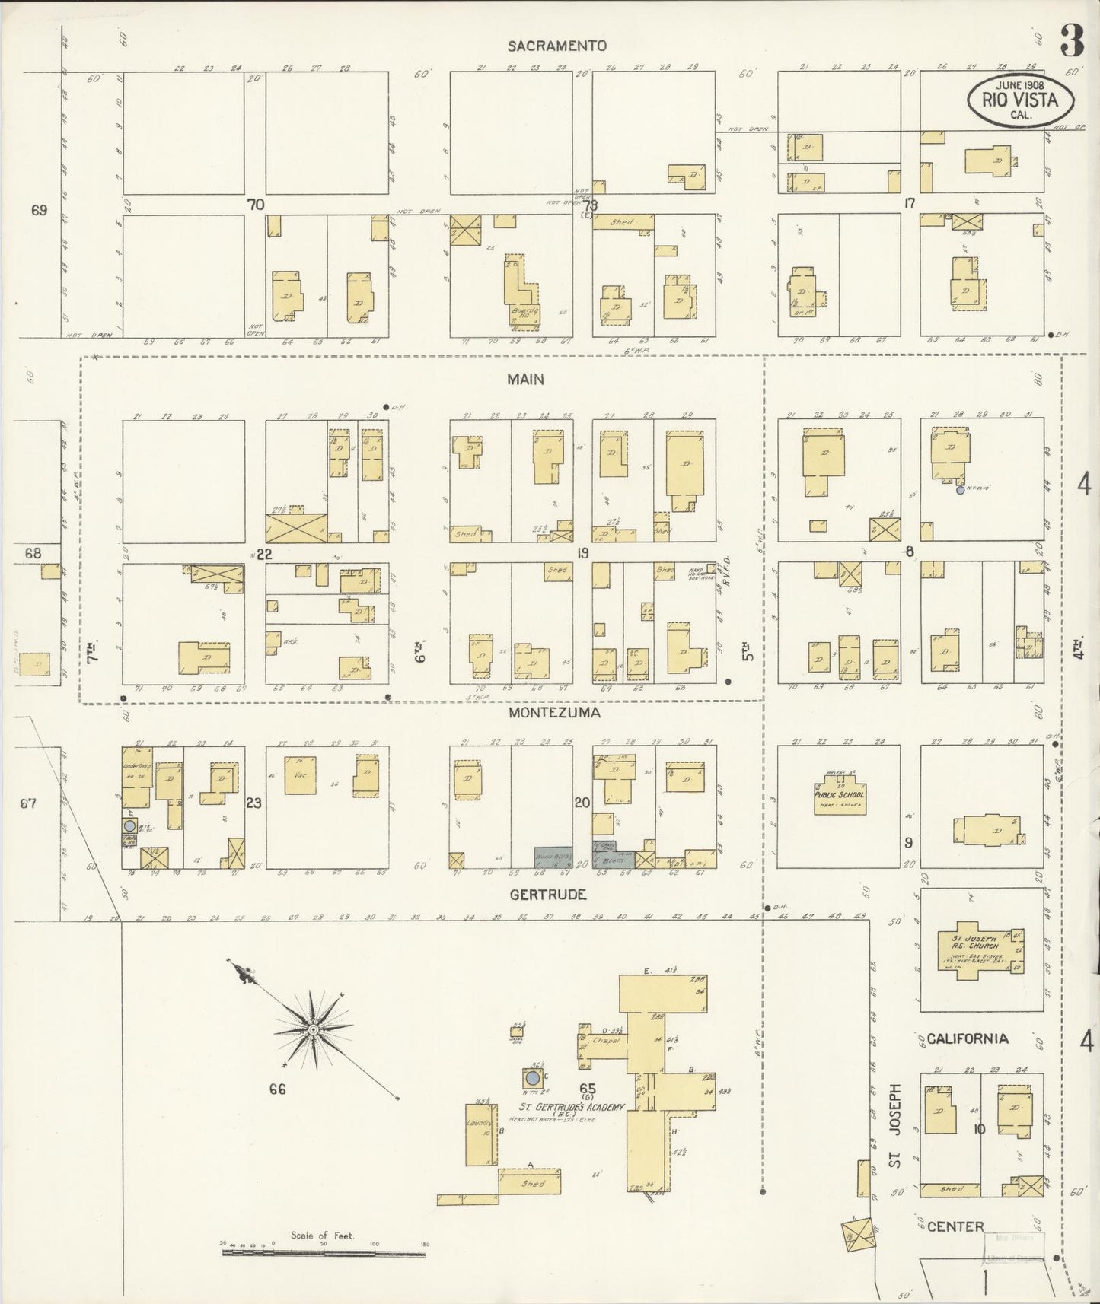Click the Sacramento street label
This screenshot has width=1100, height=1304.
pyautogui.click(x=557, y=46)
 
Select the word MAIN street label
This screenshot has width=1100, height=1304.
pyautogui.click(x=526, y=379)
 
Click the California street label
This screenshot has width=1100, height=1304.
pyautogui.click(x=968, y=1039)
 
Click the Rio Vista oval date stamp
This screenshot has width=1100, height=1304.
pyautogui.click(x=1021, y=99)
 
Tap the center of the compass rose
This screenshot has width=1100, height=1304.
pyautogui.click(x=312, y=1029)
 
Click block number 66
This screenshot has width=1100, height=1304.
pyautogui.click(x=276, y=1089)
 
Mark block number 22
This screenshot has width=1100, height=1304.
pyautogui.click(x=264, y=554)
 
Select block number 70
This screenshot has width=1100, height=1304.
pyautogui.click(x=255, y=204)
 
